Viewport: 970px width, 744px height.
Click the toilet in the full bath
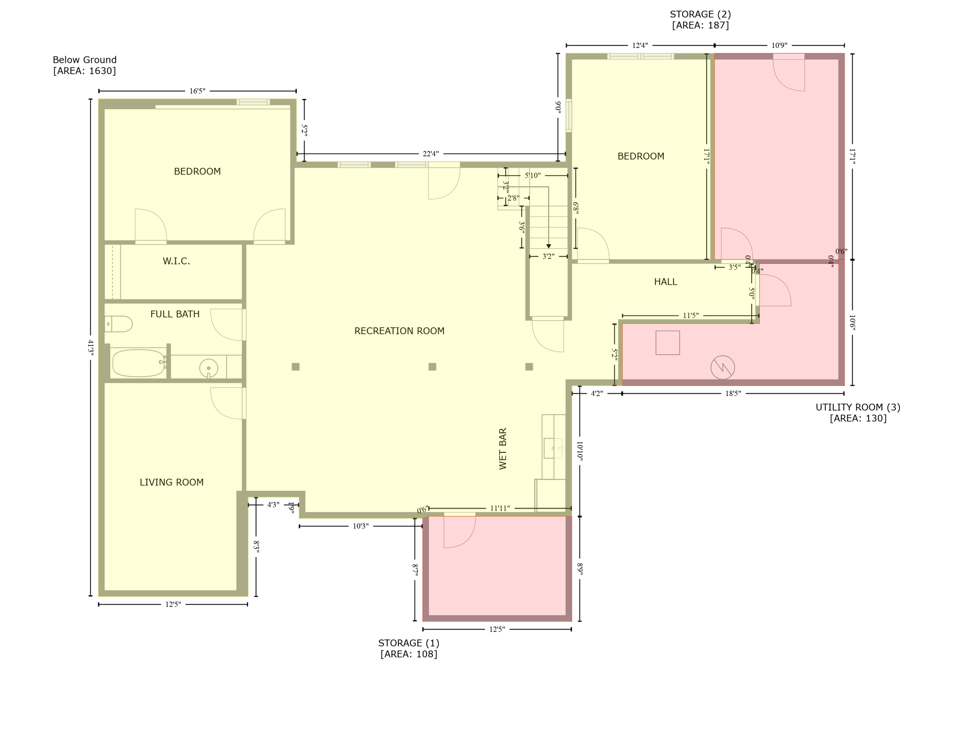(120, 324)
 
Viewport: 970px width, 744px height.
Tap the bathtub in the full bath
(139, 363)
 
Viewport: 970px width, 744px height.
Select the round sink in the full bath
(209, 368)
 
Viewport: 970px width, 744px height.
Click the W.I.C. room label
(176, 262)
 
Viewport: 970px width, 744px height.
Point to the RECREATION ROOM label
(399, 331)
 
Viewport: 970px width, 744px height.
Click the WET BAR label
(503, 449)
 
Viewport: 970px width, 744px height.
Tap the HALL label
(665, 282)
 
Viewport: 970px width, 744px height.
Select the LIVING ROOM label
(171, 482)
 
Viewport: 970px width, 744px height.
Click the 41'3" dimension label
(91, 348)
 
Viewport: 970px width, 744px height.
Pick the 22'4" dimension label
(431, 154)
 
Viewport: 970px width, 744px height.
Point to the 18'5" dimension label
(733, 394)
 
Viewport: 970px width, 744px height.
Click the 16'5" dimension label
(197, 91)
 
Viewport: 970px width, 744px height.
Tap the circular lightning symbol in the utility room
(723, 368)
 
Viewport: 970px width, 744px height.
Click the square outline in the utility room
(667, 343)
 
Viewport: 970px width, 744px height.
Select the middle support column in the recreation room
(432, 367)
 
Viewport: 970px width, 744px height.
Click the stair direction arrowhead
(548, 247)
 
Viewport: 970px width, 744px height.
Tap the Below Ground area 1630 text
(85, 65)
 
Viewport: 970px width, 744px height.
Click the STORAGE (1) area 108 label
(409, 649)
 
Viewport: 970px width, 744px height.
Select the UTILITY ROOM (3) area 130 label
(858, 413)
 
